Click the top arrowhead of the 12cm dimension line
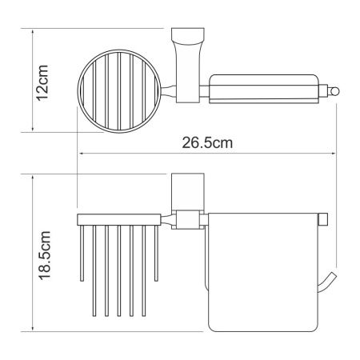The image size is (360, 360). coord(33,35)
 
